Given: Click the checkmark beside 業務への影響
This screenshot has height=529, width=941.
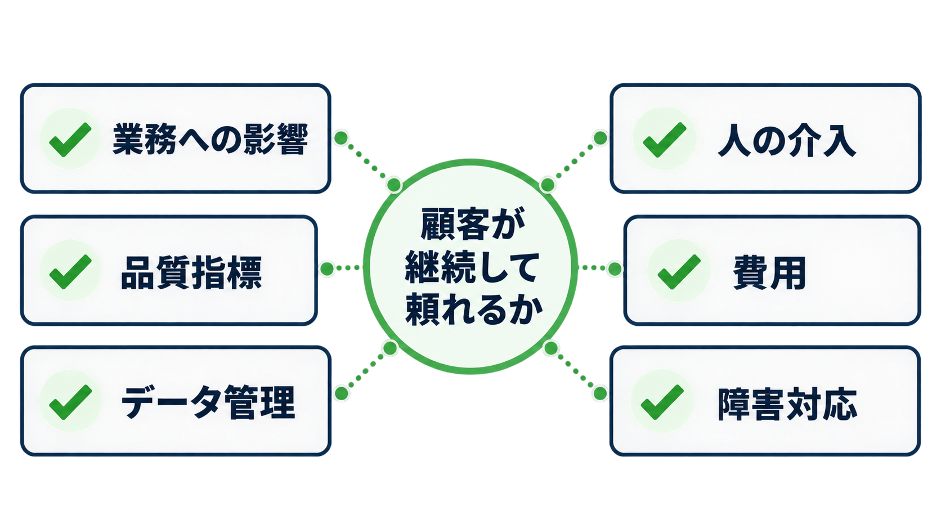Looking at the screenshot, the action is tap(70, 140).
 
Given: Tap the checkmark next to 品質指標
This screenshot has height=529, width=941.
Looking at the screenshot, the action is tap(70, 271).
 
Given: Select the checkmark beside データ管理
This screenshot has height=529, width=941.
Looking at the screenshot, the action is tap(70, 402).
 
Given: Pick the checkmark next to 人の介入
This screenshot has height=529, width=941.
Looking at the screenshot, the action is tap(665, 140).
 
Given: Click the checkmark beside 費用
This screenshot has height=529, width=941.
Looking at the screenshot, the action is tap(679, 272).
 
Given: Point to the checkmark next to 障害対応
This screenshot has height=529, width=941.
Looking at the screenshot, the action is tap(662, 402).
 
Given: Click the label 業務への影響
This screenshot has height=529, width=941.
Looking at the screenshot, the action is tap(210, 139).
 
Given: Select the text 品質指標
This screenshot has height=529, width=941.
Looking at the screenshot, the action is tap(191, 273).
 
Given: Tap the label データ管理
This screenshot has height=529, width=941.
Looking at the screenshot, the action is tap(208, 402).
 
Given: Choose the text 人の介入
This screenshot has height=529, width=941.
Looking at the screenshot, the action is tap(787, 140).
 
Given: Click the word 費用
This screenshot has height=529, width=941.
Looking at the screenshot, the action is tap(769, 273).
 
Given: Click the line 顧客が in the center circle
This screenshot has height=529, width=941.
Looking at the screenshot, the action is tap(473, 223).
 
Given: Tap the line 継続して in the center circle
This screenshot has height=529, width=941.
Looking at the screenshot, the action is tap(472, 266).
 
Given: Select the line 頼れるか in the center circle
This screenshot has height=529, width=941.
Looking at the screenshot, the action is tap(474, 310).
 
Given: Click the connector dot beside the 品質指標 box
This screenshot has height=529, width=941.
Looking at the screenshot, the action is tap(327, 268).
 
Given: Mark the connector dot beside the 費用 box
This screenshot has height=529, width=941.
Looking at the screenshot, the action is tap(615, 269).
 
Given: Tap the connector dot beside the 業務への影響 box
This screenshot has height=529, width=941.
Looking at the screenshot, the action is tap(341, 137).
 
